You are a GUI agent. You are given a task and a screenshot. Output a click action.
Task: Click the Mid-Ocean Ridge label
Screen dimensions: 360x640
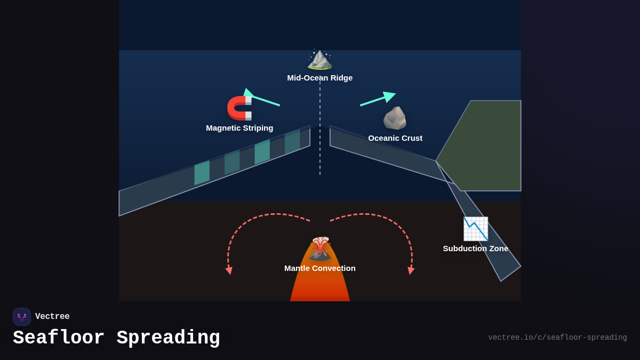tap(320, 78)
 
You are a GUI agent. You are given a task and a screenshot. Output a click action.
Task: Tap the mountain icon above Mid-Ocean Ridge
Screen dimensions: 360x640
tap(320, 59)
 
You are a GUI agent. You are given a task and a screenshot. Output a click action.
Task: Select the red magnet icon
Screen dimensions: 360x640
tap(239, 108)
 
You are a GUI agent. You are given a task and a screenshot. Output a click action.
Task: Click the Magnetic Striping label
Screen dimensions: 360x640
tap(239, 128)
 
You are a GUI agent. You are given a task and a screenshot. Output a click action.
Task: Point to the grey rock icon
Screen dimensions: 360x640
tap(395, 118)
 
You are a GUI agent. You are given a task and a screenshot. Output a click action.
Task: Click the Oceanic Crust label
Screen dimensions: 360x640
tap(395, 138)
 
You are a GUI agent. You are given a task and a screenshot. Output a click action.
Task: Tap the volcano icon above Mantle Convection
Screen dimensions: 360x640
tap(320, 249)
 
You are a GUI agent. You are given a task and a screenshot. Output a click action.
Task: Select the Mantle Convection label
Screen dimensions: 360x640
tap(320, 268)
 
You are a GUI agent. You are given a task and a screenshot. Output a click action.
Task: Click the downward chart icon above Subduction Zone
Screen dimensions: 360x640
tap(475, 229)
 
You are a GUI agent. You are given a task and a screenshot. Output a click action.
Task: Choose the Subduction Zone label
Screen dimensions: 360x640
tap(475, 249)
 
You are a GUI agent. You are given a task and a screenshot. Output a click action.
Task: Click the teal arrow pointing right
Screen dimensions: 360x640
tap(378, 99)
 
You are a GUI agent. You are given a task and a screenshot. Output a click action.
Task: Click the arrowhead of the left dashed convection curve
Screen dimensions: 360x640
tap(229, 270)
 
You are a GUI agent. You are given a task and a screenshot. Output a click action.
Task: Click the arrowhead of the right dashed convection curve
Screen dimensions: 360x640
tap(411, 270)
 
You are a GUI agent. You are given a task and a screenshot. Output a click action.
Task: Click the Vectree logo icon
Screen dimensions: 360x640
tap(22, 317)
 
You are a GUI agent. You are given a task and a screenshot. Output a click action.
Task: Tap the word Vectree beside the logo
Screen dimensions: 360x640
tap(52, 317)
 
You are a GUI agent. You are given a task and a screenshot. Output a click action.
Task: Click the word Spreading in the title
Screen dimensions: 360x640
tap(168, 338)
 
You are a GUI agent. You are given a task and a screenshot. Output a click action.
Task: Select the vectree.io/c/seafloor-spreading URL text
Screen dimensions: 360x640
tap(557, 338)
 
